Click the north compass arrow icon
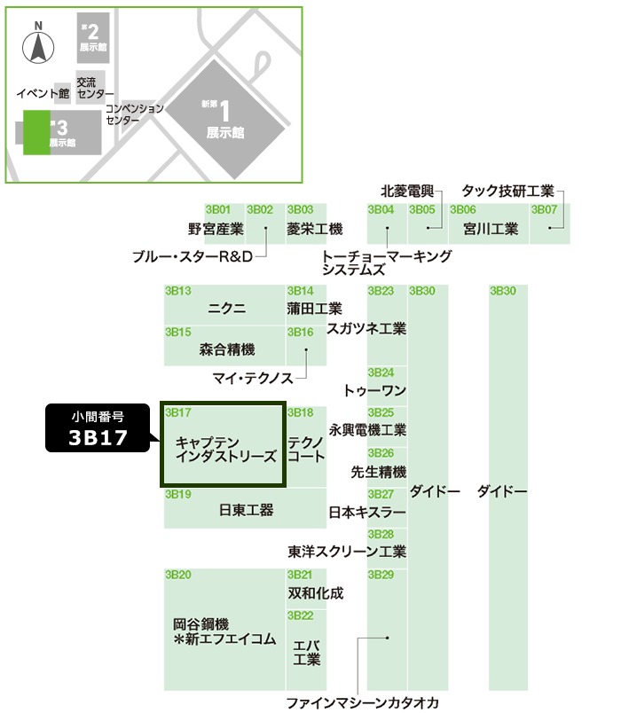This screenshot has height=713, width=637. point(38,47)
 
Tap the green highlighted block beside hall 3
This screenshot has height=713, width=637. point(36,132)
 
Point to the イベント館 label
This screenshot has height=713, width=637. point(43,92)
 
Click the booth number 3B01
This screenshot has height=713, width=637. point(217,210)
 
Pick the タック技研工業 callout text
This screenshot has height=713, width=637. point(507,191)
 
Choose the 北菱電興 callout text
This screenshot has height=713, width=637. point(407,191)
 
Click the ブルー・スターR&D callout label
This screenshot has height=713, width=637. point(193,256)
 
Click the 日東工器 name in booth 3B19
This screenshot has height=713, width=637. point(246,510)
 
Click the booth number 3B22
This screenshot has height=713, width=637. point(300,615)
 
